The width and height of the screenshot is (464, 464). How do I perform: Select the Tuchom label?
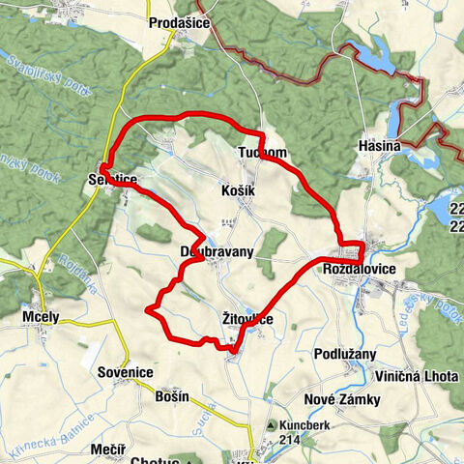coord(261,153)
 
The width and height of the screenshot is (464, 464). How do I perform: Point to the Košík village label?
coord(238,191)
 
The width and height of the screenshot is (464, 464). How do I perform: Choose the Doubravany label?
coord(217,251)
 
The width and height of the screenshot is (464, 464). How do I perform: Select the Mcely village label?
coord(40,316)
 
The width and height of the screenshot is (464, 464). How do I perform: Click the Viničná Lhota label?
coord(418,376)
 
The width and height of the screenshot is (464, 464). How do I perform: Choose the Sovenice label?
coord(126,372)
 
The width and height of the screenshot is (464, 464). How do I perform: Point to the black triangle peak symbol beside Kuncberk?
coord(274,424)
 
